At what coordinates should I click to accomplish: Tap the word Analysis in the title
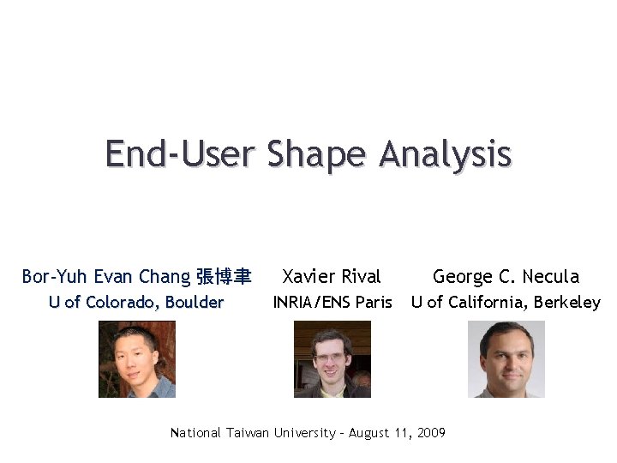[x=445, y=154]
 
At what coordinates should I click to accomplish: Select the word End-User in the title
[x=180, y=154]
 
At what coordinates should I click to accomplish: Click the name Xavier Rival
[x=332, y=276]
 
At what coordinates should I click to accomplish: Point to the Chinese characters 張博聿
[x=224, y=276]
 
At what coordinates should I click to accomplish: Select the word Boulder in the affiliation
[x=195, y=302]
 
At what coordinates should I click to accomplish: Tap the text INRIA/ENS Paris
[x=332, y=302]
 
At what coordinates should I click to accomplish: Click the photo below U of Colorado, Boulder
[x=137, y=359]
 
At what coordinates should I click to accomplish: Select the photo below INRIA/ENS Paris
[x=332, y=359]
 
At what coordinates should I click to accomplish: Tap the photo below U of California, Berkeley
[x=506, y=359]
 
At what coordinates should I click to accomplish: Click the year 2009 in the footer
[x=431, y=433]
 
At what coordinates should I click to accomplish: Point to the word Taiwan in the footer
[x=248, y=433]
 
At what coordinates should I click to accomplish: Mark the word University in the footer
[x=305, y=433]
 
